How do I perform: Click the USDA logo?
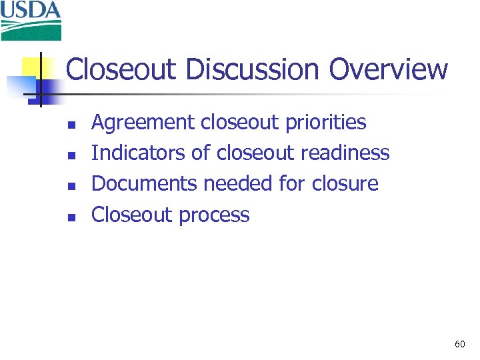tap(31, 20)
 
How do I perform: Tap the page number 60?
tap(459, 344)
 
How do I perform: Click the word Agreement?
tap(143, 123)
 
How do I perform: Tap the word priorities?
tap(326, 123)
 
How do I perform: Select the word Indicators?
tap(138, 153)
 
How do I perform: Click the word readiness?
tap(345, 153)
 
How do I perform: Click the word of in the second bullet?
tap(200, 153)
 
